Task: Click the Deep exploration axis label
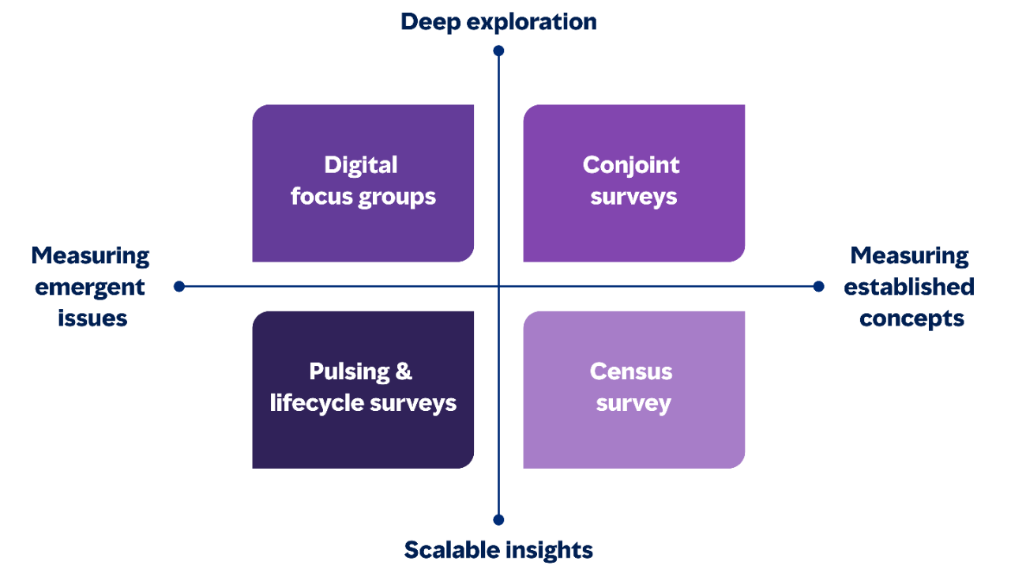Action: (498, 21)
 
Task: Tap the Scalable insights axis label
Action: (498, 549)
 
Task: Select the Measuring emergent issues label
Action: (91, 287)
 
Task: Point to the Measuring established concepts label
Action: (910, 287)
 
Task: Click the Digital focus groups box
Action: (363, 183)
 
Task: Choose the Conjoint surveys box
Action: (634, 183)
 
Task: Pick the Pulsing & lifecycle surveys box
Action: (363, 390)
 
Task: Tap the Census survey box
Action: (634, 390)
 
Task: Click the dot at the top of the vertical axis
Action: (498, 51)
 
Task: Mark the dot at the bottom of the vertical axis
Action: (498, 520)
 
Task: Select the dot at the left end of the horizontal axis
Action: (179, 286)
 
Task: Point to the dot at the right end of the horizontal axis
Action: (819, 286)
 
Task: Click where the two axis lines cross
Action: (498, 286)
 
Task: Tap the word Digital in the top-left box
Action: (361, 165)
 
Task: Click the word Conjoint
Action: (631, 165)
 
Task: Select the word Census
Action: (631, 371)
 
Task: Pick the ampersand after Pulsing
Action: (403, 371)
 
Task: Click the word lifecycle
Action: (307, 403)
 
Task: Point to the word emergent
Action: (91, 288)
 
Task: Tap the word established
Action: (909, 288)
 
